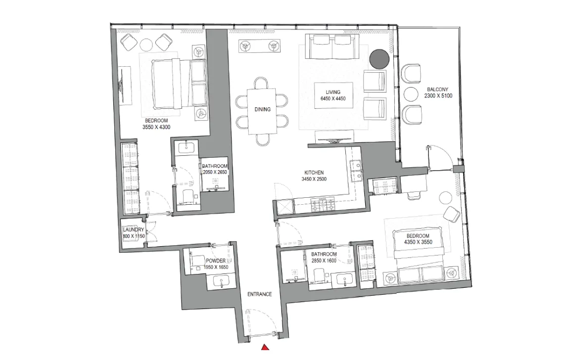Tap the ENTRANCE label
pyautogui.click(x=260, y=294)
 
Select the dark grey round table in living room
pyautogui.click(x=380, y=59)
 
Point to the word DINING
pyautogui.click(x=262, y=109)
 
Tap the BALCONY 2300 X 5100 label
pyautogui.click(x=438, y=93)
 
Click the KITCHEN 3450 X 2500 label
pyautogui.click(x=314, y=176)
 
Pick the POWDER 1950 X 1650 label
pyautogui.click(x=216, y=264)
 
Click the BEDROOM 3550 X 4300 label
pyautogui.click(x=156, y=124)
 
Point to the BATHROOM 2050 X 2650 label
pyautogui.click(x=215, y=169)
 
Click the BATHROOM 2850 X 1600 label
pyautogui.click(x=324, y=258)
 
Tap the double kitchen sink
pyautogui.click(x=356, y=169)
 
